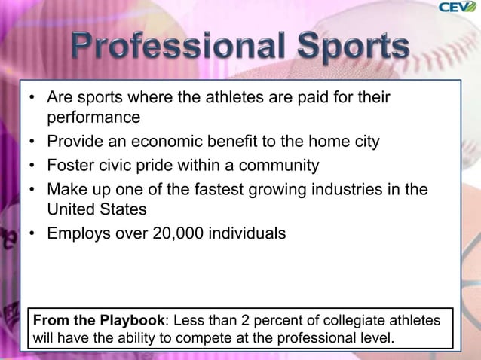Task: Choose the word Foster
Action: tap(72, 165)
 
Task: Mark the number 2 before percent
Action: tap(254, 322)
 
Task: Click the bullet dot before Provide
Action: tap(34, 142)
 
